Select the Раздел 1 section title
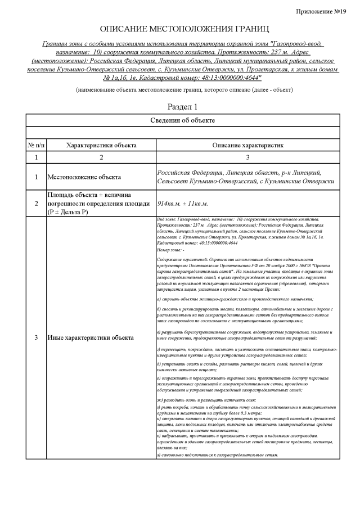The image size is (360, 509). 183,106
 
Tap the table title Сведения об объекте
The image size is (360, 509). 183,120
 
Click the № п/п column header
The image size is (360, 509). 37,145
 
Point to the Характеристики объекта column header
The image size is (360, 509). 101,145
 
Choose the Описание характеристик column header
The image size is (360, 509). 247,145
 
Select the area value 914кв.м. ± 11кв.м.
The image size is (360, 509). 183,203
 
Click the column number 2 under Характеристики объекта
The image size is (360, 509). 102,157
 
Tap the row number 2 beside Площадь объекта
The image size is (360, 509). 37,203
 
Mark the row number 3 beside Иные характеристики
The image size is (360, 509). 37,338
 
